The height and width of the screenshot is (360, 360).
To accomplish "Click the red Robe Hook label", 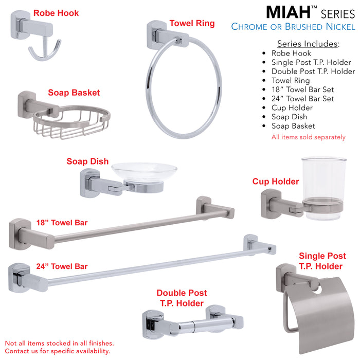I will tap(56, 13).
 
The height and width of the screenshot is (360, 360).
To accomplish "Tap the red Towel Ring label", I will tap(192, 24).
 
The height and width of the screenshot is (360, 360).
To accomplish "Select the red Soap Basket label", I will tap(74, 93).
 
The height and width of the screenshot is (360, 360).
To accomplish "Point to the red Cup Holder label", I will tap(275, 182).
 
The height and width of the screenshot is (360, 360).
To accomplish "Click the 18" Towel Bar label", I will tap(62, 223).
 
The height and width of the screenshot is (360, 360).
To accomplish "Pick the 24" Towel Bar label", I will tap(62, 266).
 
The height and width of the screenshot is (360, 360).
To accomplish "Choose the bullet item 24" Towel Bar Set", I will tap(302, 98).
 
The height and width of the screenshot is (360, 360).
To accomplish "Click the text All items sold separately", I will tap(308, 137).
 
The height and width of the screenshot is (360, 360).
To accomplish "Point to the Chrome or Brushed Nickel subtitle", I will tap(293, 27).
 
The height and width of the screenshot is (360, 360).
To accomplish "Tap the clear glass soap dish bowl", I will tap(145, 170).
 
